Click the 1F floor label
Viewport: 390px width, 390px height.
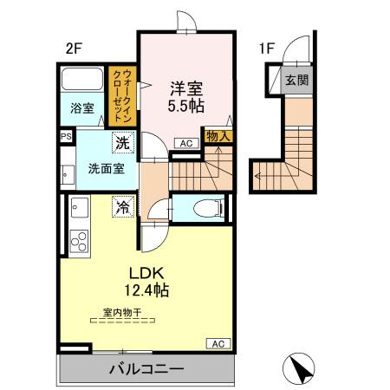266,49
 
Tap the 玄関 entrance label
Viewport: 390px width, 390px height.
296,81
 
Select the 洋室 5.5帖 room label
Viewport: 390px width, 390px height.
186,96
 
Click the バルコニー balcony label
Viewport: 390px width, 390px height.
146,369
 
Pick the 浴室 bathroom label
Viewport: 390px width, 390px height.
82,108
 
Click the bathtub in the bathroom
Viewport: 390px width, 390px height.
84,80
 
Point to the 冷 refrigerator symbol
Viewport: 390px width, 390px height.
123,208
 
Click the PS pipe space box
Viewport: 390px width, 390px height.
66,136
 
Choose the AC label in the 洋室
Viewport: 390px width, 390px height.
186,143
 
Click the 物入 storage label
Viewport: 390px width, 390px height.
217,135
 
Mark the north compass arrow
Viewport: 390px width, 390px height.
301,370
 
